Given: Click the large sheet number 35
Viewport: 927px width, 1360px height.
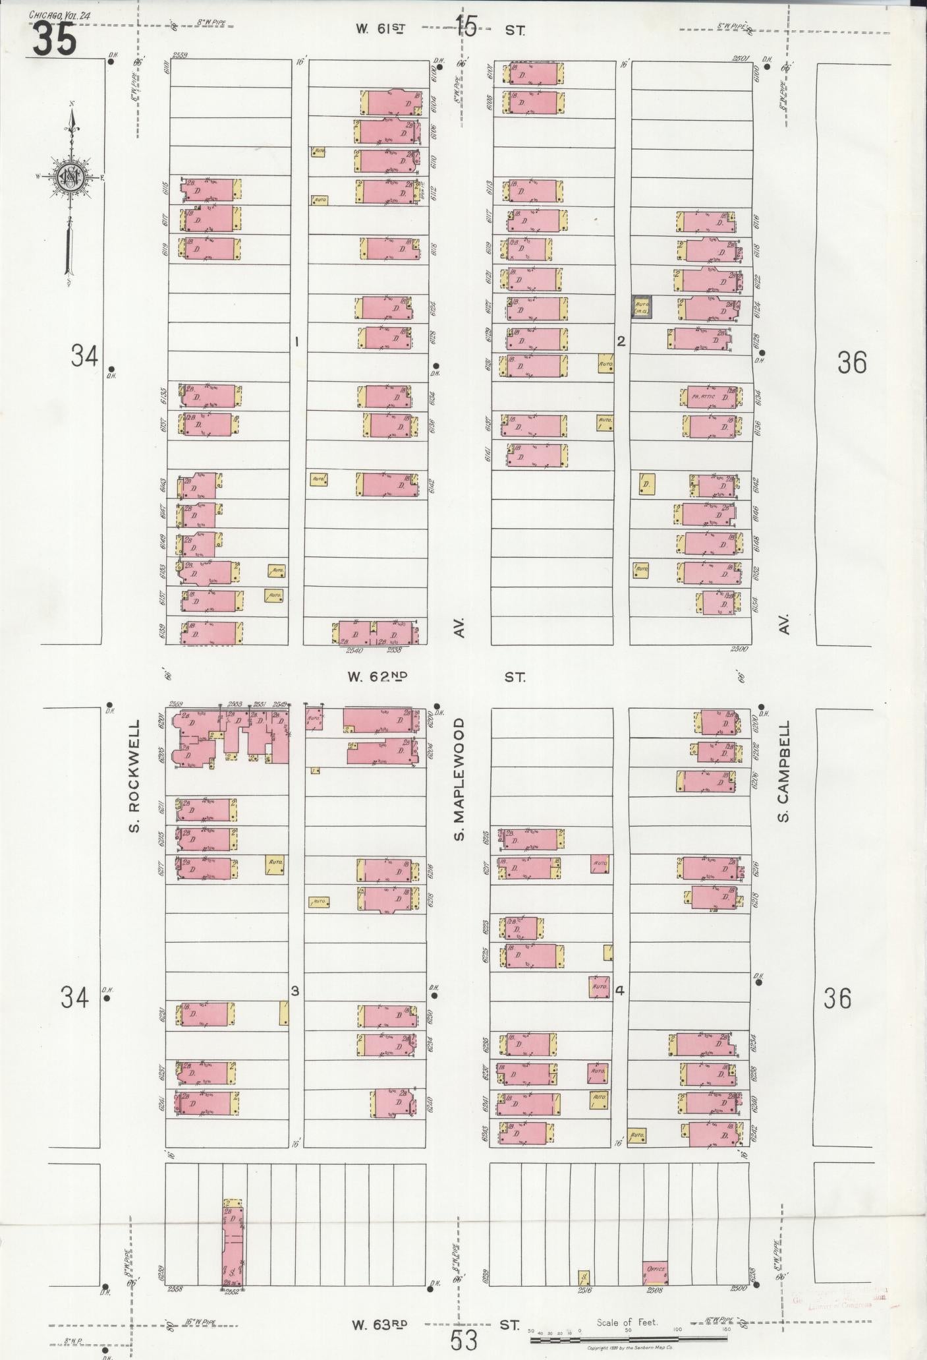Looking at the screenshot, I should (55, 40).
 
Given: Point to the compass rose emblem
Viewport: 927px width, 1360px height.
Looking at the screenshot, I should (69, 177).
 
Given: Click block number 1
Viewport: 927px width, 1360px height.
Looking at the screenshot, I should (297, 341).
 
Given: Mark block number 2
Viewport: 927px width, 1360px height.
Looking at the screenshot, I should (620, 341).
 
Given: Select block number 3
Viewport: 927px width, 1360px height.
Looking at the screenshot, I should (295, 991).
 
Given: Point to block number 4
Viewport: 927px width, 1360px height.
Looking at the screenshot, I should (619, 991).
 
